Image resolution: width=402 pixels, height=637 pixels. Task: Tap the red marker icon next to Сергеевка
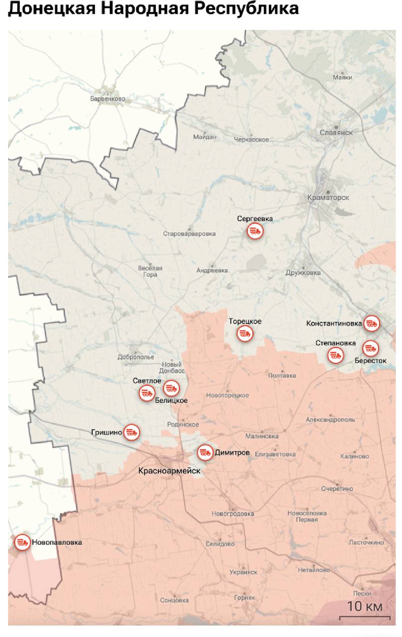click(x=255, y=231)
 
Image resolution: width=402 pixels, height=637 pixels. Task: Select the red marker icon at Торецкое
click(x=245, y=333)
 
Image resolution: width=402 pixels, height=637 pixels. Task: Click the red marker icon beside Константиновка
click(x=371, y=323)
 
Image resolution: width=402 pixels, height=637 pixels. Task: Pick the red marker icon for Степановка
click(x=335, y=355)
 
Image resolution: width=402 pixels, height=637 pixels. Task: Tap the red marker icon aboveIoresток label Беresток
click(x=370, y=347)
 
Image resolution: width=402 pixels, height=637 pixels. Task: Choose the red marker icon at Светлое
click(x=147, y=393)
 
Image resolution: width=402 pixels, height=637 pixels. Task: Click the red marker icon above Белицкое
click(x=171, y=387)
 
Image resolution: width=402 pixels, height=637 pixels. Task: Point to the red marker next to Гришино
click(x=132, y=432)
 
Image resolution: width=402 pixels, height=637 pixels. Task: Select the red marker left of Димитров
click(x=205, y=453)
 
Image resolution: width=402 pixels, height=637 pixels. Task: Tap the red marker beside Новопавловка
click(x=22, y=542)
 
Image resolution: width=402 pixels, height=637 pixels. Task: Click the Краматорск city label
click(x=328, y=198)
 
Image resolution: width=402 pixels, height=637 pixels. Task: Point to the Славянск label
click(x=336, y=133)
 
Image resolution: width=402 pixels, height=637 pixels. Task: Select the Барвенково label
click(x=108, y=99)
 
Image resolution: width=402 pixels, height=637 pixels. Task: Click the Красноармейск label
click(x=169, y=470)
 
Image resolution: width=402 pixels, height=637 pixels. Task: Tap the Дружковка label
click(x=303, y=273)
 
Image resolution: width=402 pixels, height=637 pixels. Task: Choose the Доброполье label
click(x=136, y=357)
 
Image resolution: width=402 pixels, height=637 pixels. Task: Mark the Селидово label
click(x=220, y=544)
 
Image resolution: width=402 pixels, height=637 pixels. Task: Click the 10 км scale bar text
click(x=365, y=607)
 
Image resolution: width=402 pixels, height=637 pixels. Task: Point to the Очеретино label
click(x=337, y=489)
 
